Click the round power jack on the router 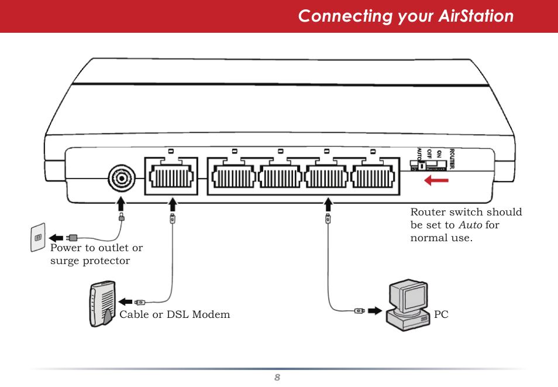coord(121,177)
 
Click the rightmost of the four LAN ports coord(374,176)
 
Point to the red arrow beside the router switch coord(436,180)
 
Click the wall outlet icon coord(38,237)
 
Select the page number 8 coord(278,378)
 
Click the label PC coord(441,315)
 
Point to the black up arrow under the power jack coord(121,204)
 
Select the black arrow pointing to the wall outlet coord(56,238)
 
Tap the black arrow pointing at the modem coord(126,302)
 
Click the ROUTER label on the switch coord(452,159)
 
